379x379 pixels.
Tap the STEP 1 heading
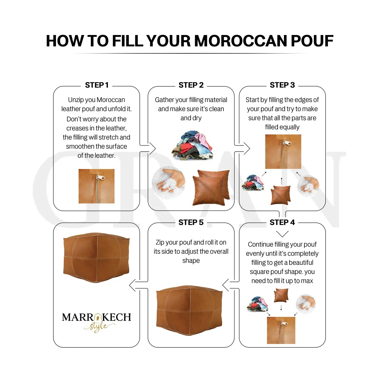(97, 85)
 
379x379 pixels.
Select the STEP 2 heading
(191, 85)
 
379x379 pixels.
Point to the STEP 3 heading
(282, 85)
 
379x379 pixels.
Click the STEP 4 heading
(282, 222)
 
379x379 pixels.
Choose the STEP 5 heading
(191, 222)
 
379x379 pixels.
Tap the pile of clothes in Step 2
(192, 145)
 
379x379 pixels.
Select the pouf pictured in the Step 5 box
(189, 307)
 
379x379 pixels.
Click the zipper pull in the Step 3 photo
(285, 143)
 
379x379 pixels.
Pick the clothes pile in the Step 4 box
(257, 304)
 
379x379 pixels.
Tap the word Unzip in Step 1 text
(74, 100)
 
